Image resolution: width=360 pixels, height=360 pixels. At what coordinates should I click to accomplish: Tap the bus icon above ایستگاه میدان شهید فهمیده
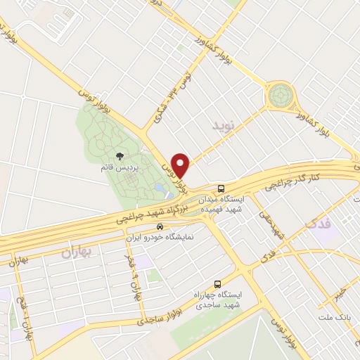coord(221,189)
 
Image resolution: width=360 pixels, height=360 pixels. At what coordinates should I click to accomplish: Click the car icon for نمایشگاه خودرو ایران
coord(160,227)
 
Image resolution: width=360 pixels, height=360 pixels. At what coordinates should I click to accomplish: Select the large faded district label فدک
coord(319,225)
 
